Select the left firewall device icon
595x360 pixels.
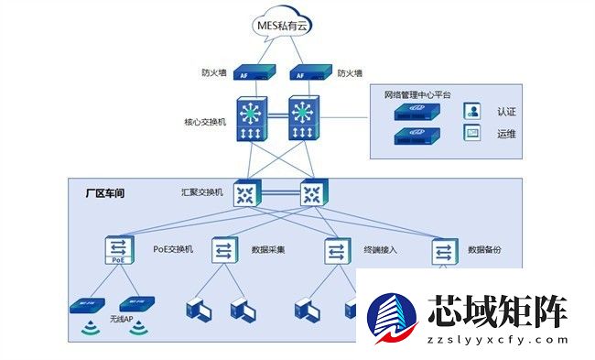[250, 72]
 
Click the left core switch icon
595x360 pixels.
[250, 120]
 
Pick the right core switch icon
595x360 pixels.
[303, 120]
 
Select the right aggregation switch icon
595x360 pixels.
[312, 192]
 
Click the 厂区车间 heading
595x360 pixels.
[103, 194]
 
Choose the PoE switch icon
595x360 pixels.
[119, 250]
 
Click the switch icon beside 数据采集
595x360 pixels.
[225, 250]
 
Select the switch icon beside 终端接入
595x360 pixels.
[336, 250]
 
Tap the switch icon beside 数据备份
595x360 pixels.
[446, 250]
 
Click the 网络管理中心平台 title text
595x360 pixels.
[417, 93]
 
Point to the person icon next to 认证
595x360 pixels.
[472, 111]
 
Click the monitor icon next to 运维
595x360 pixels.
[472, 134]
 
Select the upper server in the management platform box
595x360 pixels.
[417, 112]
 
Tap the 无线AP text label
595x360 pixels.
[122, 319]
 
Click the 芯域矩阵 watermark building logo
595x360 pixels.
[393, 320]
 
